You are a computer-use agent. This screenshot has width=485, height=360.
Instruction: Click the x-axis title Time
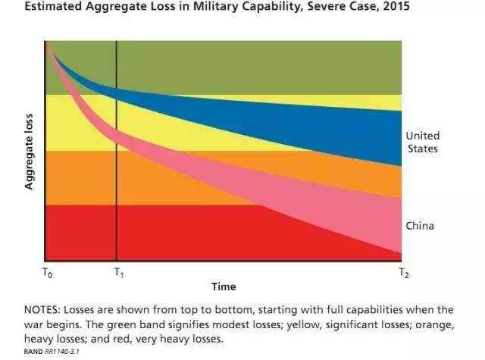224,286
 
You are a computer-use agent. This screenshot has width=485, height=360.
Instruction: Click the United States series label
422,142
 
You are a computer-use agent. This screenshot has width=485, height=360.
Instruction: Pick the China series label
420,226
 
